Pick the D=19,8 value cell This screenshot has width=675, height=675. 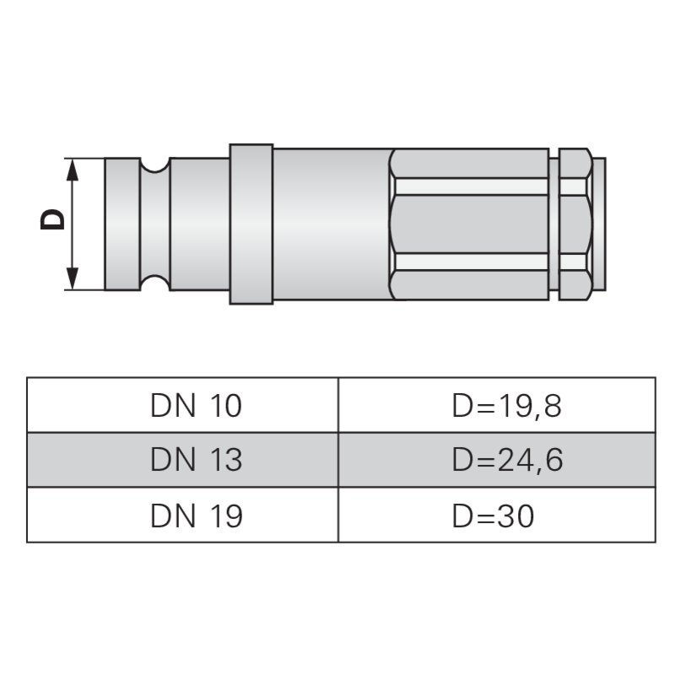[x=496, y=406]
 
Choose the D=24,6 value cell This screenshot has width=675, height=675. [x=496, y=460]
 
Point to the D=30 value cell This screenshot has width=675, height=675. [x=496, y=515]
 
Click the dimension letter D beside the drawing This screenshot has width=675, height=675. [x=52, y=220]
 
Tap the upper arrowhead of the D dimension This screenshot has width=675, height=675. [x=73, y=169]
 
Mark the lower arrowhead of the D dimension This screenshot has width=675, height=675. [x=73, y=278]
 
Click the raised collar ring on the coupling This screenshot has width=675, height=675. [x=251, y=224]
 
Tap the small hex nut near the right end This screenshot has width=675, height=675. [x=575, y=224]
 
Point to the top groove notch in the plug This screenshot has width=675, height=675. [x=155, y=166]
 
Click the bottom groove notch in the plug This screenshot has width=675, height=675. [x=155, y=282]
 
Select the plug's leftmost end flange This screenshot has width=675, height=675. [x=121, y=224]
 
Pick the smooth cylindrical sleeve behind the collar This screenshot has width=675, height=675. [x=331, y=224]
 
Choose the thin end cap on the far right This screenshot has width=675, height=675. [x=600, y=224]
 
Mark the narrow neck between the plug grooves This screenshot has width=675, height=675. [x=155, y=224]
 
